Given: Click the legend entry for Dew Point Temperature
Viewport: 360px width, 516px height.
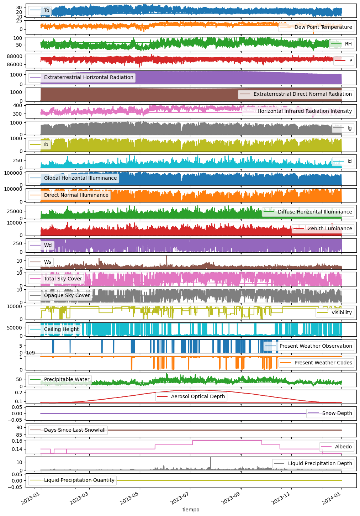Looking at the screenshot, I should tap(323, 27).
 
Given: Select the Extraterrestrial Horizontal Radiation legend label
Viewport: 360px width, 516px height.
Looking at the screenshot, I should tap(89, 77).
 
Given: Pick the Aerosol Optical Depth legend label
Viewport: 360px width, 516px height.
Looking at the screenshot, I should tap(198, 396).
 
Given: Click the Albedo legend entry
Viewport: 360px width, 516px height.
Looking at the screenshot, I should tap(343, 447).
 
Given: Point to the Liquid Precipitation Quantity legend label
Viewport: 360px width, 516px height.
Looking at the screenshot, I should tap(79, 480).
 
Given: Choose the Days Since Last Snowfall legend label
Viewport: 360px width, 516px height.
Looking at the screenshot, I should tap(75, 430).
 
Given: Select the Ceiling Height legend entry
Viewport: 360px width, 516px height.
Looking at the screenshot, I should tap(61, 329).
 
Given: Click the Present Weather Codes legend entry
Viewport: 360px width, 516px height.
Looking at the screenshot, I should tap(323, 363).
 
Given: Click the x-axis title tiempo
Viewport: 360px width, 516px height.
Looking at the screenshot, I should tap(191, 510).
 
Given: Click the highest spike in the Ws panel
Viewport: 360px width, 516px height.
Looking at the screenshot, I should tap(166, 257).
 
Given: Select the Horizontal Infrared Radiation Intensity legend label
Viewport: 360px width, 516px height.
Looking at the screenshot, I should tap(305, 111).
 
